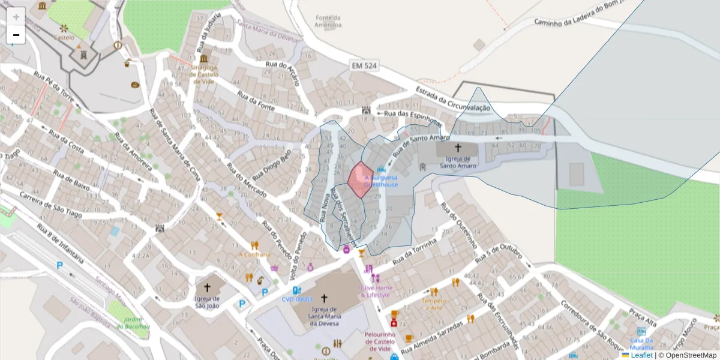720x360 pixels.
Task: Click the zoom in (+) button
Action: (16, 17)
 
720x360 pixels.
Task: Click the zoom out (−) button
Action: (16, 35)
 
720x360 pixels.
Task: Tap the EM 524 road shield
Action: (365, 66)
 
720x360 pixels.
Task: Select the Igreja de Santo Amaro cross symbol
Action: (458, 148)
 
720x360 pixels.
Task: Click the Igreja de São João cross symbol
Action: (208, 287)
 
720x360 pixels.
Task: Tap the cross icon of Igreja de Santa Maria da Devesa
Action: (324, 298)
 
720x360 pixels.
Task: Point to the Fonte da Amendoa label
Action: (329, 22)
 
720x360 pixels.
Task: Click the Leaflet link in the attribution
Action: (641, 355)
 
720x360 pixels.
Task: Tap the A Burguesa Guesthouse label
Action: (381, 181)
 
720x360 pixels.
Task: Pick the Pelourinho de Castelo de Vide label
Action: (379, 341)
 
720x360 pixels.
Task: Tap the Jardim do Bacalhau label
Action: (133, 323)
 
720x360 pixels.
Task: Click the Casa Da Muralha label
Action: (641, 343)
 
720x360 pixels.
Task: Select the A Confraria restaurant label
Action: (255, 254)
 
